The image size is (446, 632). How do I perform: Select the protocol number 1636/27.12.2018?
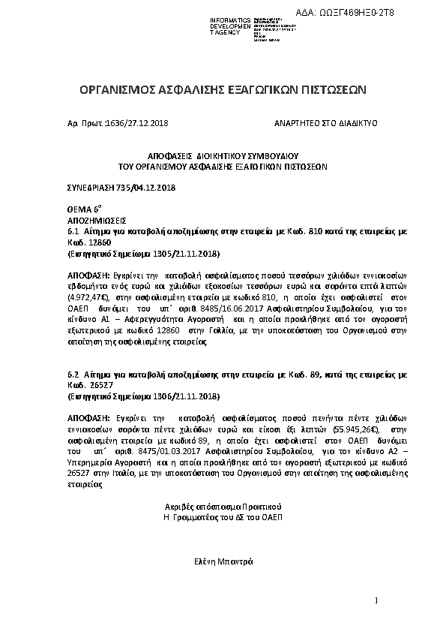click(139, 122)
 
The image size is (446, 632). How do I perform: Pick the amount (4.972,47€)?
click(91, 297)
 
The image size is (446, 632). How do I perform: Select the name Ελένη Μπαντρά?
click(223, 561)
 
